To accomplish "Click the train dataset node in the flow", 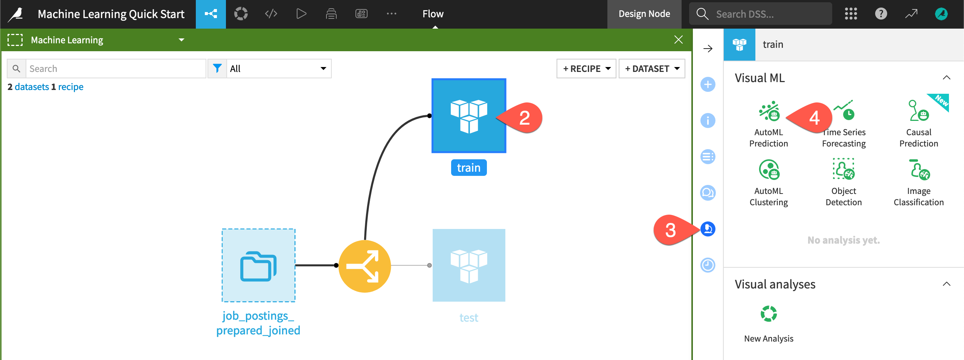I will click(468, 116).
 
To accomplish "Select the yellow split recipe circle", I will click(365, 266).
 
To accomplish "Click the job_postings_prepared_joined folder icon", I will click(258, 265).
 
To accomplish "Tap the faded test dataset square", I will click(468, 265).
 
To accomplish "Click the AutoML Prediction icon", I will click(769, 112).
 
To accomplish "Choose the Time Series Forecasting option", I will click(844, 112).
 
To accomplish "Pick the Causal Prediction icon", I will click(918, 112).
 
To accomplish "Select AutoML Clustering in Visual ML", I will click(769, 170).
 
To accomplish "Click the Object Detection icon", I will click(843, 170).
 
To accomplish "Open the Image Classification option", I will click(918, 170).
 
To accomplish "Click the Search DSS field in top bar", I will click(764, 14).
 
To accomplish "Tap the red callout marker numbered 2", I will click(524, 118).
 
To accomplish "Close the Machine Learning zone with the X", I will click(678, 40).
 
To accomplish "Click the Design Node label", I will click(644, 14).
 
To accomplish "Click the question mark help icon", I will click(881, 14).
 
